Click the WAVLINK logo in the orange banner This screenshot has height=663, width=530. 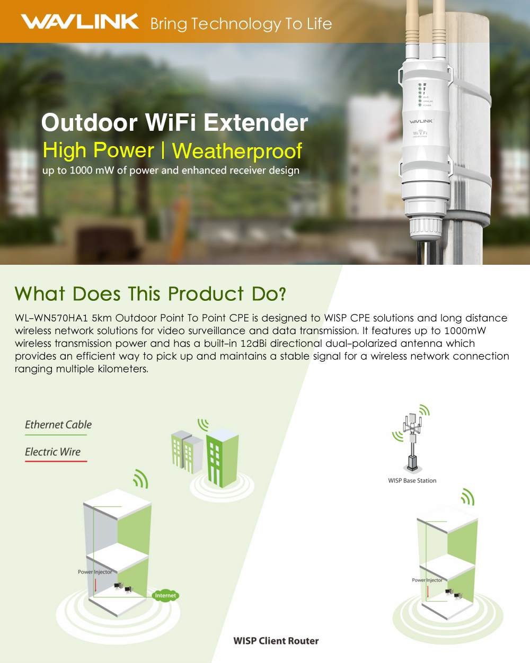79,21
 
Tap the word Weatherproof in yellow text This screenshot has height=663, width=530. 237,151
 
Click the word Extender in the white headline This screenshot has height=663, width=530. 255,123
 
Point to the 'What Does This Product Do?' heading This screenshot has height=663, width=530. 151,294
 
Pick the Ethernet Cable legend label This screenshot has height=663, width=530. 58,425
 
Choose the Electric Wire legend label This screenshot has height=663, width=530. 53,452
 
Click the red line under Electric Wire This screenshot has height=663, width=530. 56,461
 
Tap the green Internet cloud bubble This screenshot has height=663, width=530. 165,596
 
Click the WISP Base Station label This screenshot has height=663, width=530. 412,481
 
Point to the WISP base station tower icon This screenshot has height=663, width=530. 412,440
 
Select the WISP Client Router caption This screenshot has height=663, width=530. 276,641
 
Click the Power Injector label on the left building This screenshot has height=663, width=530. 95,572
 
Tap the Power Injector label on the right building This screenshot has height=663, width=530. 427,580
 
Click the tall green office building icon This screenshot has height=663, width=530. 222,458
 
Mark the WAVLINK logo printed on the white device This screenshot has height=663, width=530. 421,121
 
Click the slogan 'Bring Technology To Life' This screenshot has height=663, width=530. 241,24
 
